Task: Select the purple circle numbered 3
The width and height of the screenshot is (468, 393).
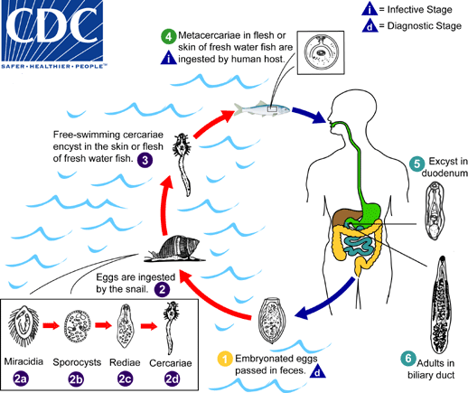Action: [x=145, y=159]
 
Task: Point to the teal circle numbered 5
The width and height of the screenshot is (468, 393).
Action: [x=416, y=164]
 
